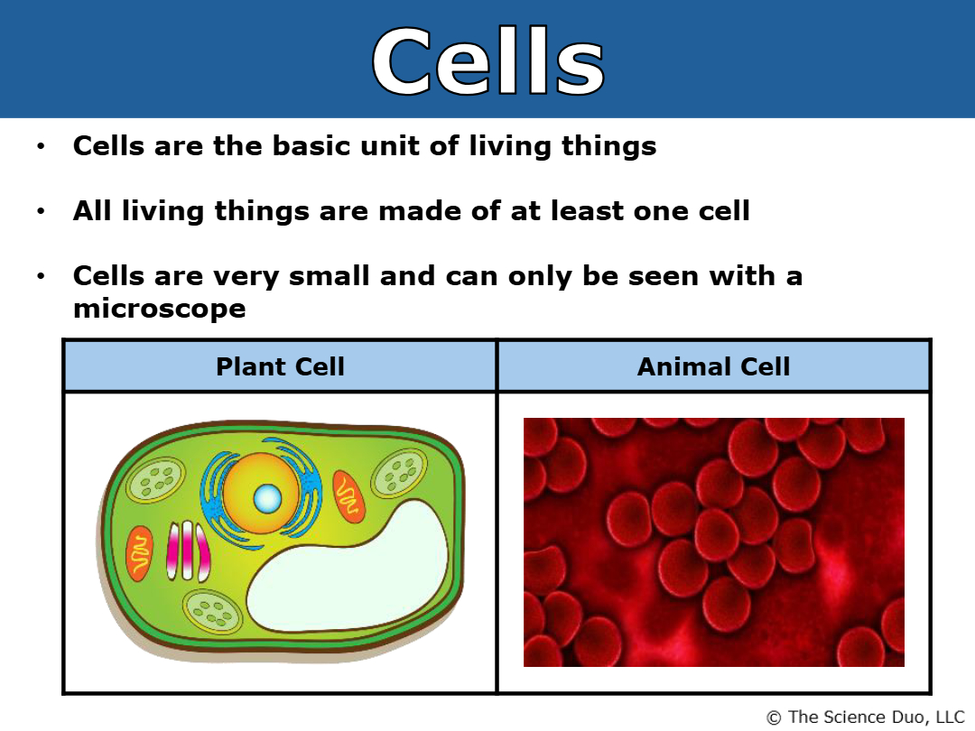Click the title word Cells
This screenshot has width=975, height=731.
488,61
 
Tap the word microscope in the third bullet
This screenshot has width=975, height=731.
159,309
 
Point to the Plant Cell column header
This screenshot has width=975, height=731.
280,366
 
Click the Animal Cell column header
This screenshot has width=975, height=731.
714,366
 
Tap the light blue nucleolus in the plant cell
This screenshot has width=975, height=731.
267,498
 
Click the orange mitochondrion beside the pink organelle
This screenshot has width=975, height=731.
139,553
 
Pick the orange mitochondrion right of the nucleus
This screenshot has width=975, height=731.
348,496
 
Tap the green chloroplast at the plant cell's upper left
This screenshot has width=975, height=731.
155,478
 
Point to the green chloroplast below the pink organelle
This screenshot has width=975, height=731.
211,612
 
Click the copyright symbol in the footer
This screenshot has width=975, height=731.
774,718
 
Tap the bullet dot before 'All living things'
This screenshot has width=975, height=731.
41,211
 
